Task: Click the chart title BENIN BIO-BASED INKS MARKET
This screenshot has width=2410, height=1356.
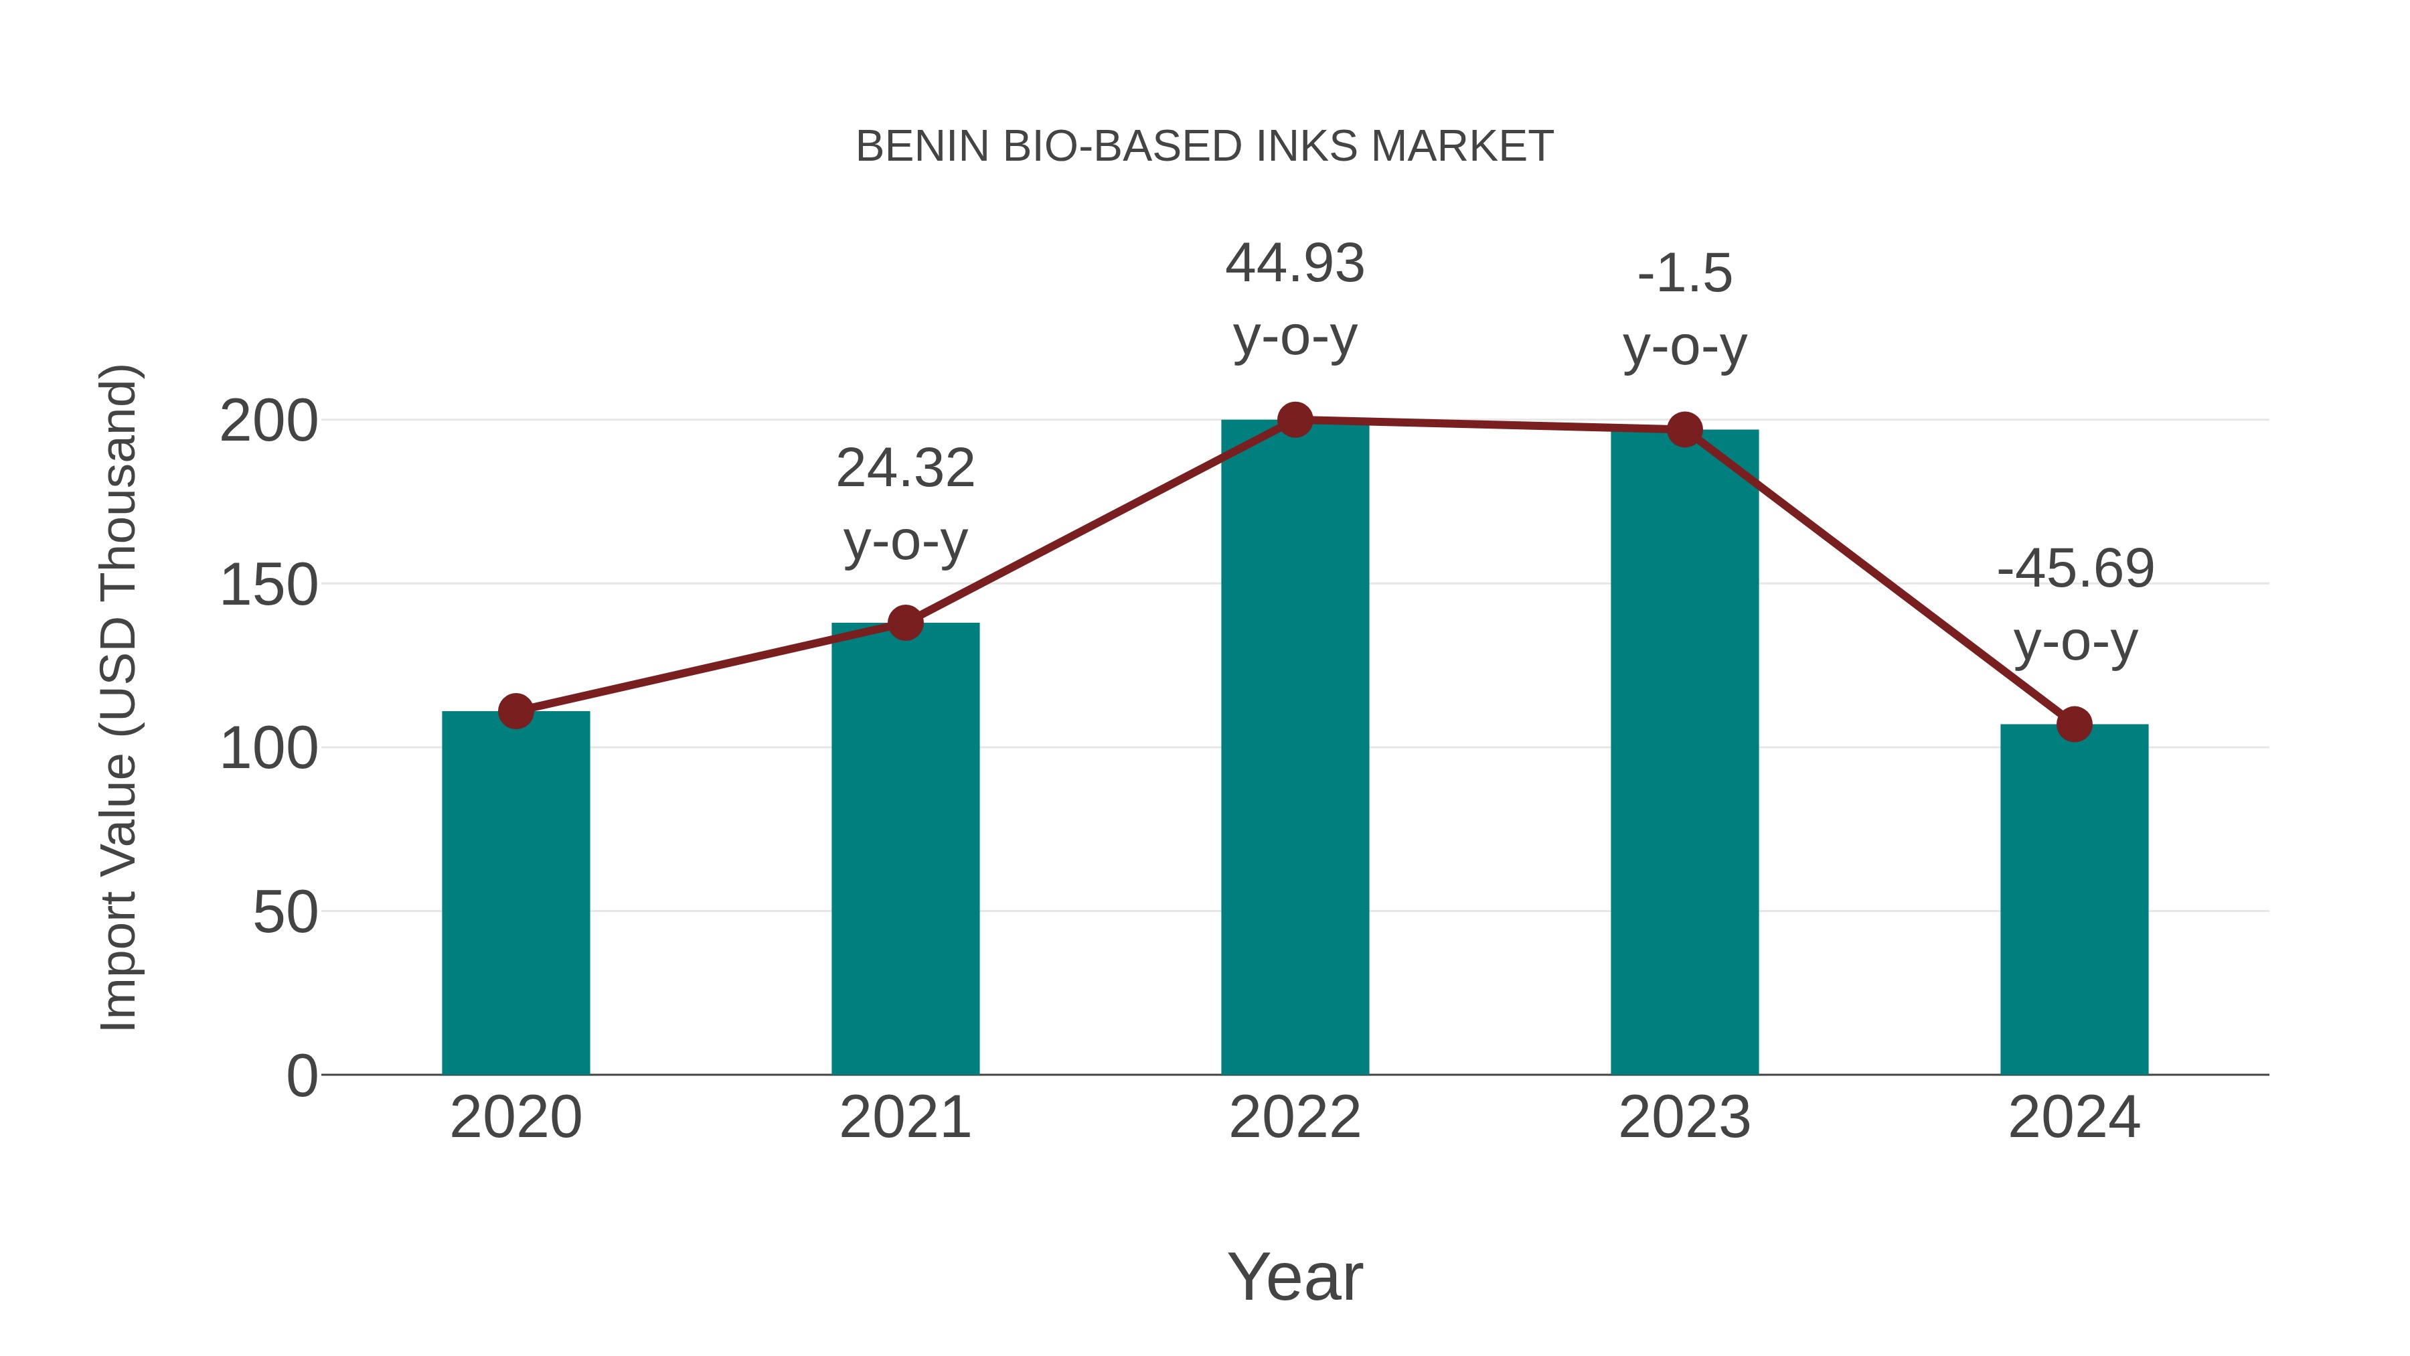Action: (x=1204, y=147)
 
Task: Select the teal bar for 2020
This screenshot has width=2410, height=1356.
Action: (x=515, y=894)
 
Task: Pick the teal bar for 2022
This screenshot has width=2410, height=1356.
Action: (x=1295, y=749)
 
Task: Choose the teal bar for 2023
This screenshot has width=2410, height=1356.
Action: (x=1684, y=753)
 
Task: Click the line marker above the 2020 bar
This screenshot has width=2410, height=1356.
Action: (x=515, y=711)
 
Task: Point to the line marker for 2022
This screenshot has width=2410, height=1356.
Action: (x=1295, y=420)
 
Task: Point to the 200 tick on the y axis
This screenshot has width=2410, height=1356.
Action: (x=268, y=422)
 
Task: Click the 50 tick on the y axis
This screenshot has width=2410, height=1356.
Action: (x=285, y=913)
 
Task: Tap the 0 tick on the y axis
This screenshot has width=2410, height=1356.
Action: (x=301, y=1076)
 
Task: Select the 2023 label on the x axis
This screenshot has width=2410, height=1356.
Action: (x=1684, y=1118)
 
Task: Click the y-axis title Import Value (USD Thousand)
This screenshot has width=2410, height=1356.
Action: (x=120, y=697)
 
